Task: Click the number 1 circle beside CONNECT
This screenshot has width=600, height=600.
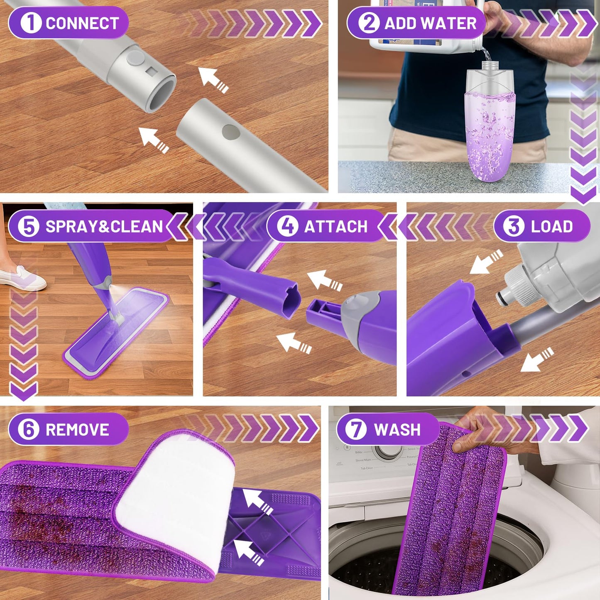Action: (30, 22)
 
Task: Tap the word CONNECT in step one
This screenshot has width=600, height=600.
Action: (82, 23)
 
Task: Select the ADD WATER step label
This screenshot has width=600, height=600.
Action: (430, 23)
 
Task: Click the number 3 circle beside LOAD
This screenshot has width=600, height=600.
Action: (514, 226)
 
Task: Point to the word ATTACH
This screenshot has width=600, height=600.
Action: (336, 227)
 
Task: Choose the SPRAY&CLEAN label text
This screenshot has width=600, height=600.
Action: (104, 227)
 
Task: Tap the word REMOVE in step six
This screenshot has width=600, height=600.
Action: (77, 430)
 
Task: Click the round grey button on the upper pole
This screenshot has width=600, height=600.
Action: (135, 59)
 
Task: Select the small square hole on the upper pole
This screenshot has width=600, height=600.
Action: (150, 71)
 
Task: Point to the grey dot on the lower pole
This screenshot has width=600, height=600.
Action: (231, 132)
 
